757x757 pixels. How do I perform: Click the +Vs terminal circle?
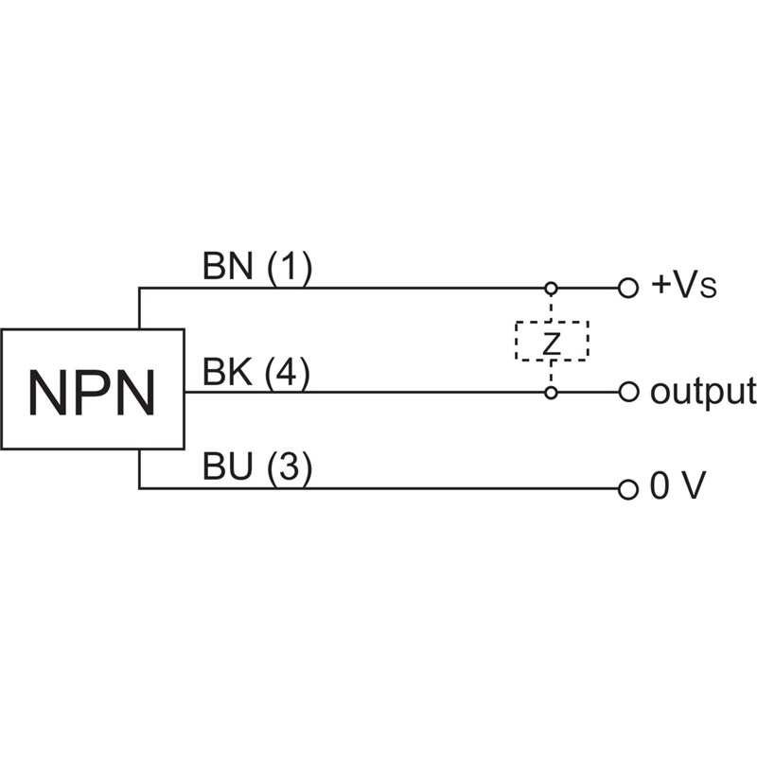pos(626,287)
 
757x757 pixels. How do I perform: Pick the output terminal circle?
pos(626,391)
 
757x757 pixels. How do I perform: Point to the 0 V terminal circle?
pos(626,489)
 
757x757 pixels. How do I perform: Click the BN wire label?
pos(228,269)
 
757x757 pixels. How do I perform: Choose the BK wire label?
pos(228,374)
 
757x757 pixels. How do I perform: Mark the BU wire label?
pos(228,470)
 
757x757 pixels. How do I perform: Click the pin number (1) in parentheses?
pos(289,269)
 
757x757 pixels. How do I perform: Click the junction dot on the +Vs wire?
pos(551,287)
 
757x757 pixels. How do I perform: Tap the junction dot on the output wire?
pos(551,391)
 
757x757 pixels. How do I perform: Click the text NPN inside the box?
pos(92,392)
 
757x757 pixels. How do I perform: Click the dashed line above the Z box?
pos(551,307)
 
